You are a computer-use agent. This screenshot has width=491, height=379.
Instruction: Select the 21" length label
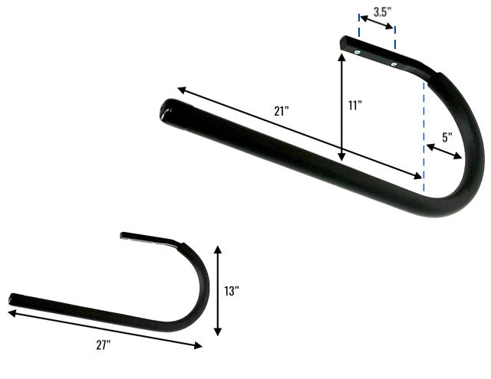(x=281, y=110)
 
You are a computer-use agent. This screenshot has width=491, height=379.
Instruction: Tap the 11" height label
(x=354, y=106)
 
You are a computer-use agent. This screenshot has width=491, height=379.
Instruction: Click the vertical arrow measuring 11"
(x=341, y=107)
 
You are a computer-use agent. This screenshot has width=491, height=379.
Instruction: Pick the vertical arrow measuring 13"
(x=218, y=291)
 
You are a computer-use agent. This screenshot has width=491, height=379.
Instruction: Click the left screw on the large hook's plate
(x=358, y=52)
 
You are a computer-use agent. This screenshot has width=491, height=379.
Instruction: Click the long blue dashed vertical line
(x=423, y=130)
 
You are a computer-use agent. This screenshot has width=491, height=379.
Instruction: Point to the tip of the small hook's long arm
(x=12, y=298)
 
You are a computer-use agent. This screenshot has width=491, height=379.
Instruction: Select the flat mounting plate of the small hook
(x=150, y=238)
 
